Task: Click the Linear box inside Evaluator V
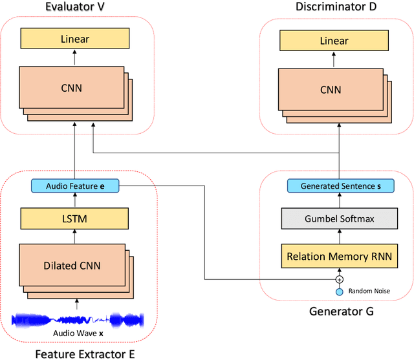(75, 39)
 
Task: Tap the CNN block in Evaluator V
(71, 88)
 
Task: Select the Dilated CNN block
(71, 264)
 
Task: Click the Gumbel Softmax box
(339, 219)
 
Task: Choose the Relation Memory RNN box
(339, 257)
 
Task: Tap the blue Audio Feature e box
(75, 186)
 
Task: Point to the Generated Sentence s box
(339, 186)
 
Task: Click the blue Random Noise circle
(339, 292)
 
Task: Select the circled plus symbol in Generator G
(339, 279)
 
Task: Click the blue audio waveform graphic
(78, 320)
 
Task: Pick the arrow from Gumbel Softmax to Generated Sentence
(339, 201)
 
